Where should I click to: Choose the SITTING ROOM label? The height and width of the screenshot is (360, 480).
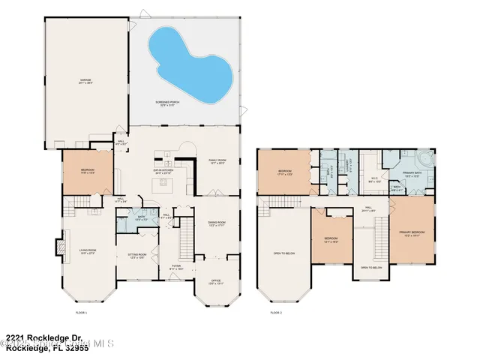136,256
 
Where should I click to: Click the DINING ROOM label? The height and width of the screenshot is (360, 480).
217,224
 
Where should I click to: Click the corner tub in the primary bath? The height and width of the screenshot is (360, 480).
424,160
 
